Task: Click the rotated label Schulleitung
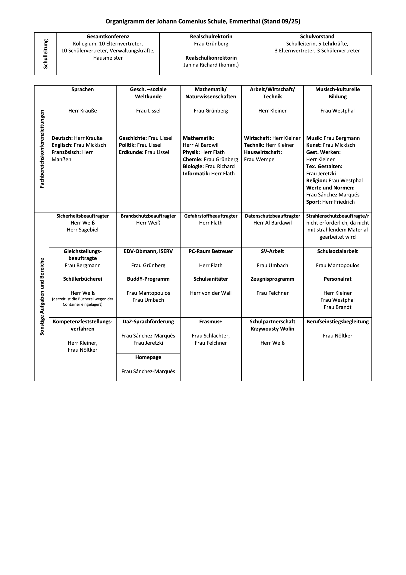click(45, 54)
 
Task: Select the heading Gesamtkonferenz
click(108, 37)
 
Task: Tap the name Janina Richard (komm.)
click(211, 65)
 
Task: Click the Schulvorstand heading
click(317, 37)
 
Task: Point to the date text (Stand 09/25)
click(281, 22)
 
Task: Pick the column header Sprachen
click(82, 89)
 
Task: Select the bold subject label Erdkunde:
click(131, 152)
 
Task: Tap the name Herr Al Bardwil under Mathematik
click(200, 145)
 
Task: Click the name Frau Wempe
click(259, 160)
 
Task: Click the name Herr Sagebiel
click(82, 230)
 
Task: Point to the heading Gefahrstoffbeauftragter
click(211, 216)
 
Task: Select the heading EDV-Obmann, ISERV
click(148, 251)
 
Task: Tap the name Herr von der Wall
click(211, 293)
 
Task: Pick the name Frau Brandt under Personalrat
click(337, 307)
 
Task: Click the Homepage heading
click(148, 357)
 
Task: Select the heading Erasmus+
click(211, 321)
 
